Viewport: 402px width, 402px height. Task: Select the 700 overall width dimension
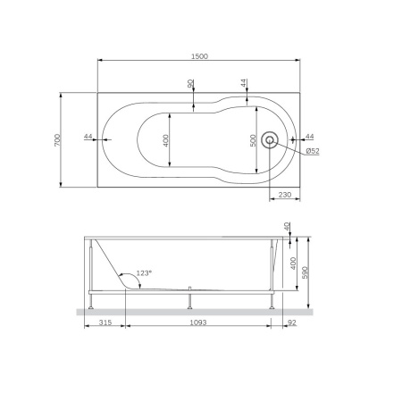click(x=56, y=140)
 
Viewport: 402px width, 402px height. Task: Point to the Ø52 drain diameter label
click(x=313, y=151)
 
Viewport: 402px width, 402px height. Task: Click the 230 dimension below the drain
click(x=285, y=194)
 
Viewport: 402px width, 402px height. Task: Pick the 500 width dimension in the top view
click(x=253, y=140)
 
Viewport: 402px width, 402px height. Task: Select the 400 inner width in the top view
click(x=164, y=140)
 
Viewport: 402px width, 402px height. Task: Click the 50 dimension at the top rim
click(x=190, y=83)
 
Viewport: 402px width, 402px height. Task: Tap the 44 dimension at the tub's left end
click(x=88, y=136)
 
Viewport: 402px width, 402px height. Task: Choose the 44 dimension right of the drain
click(x=309, y=136)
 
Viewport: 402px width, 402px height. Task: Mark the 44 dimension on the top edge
click(x=244, y=82)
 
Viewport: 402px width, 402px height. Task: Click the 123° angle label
click(x=144, y=273)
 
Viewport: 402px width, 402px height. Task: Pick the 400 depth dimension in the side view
click(x=292, y=263)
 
